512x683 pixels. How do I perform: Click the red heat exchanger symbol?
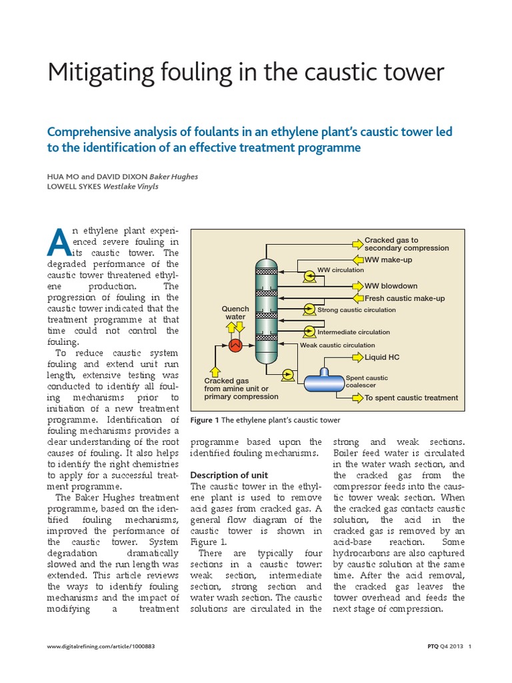tap(235, 345)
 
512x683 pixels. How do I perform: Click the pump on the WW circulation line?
tap(309, 275)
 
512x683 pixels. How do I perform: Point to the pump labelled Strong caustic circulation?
tap(309, 309)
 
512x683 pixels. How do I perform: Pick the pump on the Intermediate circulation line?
tap(309, 331)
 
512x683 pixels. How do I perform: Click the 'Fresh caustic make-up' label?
tap(405, 297)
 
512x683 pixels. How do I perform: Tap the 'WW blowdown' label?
tap(391, 285)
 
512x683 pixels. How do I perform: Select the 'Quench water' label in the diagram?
tap(235, 313)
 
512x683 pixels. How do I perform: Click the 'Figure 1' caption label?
tap(205, 420)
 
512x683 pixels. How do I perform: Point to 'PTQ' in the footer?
tap(433, 646)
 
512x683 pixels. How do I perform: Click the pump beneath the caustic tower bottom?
tap(287, 375)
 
